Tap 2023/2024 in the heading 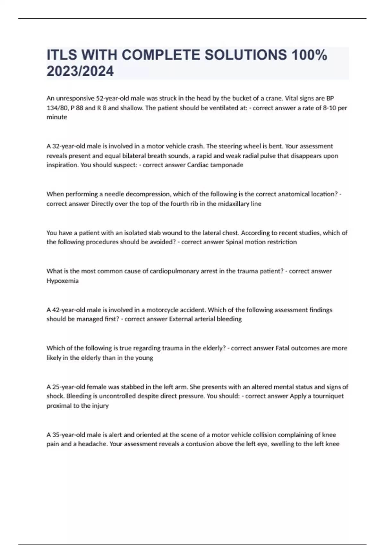point(80,71)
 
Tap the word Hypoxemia point(63,281)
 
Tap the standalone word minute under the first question point(57,117)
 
